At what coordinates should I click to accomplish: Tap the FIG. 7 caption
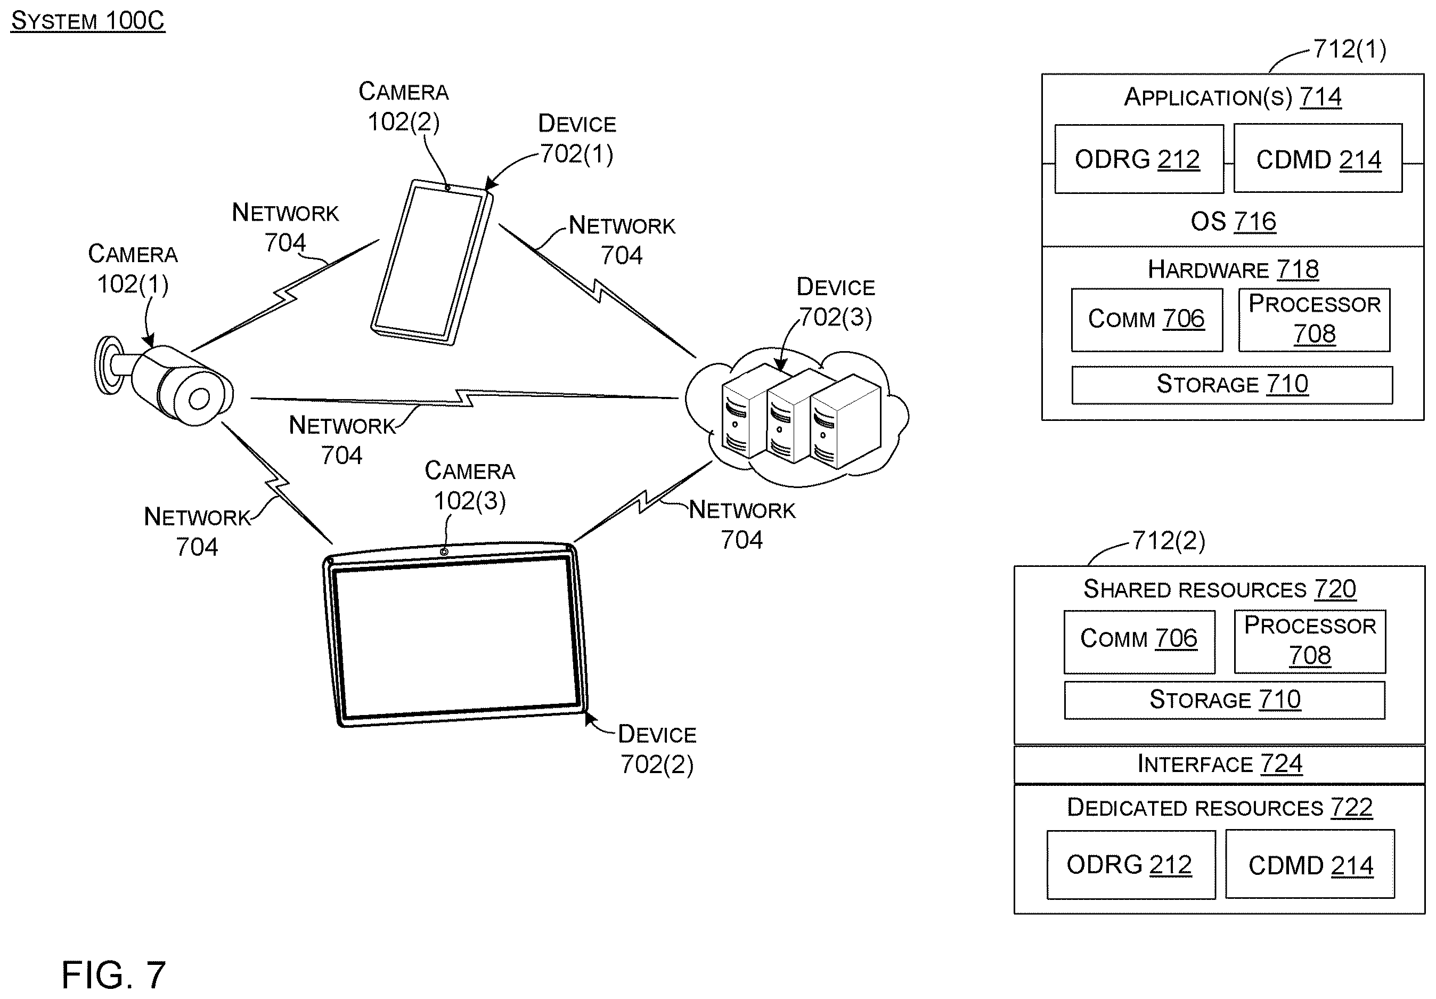114,974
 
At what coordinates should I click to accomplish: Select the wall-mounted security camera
164,381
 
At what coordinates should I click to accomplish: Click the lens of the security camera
199,399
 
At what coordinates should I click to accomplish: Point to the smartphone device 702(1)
432,262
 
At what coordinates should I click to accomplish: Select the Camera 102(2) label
403,107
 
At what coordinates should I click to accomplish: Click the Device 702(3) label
836,302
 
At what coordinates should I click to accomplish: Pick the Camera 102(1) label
133,269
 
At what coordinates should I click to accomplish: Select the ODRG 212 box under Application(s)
1139,159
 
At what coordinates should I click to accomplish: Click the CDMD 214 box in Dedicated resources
1310,865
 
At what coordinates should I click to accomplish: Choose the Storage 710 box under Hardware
1232,385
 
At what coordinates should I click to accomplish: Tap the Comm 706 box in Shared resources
1139,642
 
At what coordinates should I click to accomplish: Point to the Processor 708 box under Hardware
1315,320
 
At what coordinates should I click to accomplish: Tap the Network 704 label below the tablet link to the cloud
742,525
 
